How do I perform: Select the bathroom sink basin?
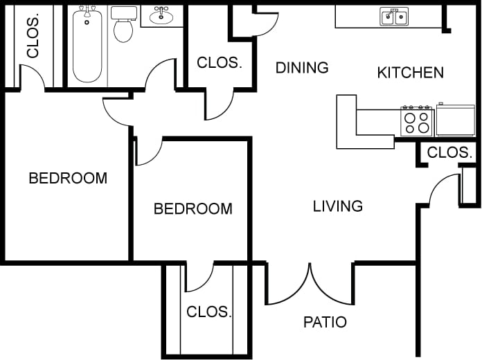coord(162,15)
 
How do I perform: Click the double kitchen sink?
coord(393,16)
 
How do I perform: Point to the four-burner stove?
coord(417,122)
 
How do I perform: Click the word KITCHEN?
coord(410,72)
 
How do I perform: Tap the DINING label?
coord(301,67)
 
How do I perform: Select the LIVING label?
coord(337,206)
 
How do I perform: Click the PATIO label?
coord(325,322)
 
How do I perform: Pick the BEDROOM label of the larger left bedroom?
coord(68,178)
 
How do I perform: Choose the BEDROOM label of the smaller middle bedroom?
coord(193,208)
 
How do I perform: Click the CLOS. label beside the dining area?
coord(220,62)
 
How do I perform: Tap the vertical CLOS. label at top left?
coord(32,36)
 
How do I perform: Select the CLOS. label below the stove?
coord(449,152)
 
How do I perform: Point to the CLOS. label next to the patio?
coord(208,312)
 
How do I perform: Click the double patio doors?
coord(310,284)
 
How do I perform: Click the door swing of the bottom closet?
coord(199,278)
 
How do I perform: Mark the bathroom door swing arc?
coord(161,75)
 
